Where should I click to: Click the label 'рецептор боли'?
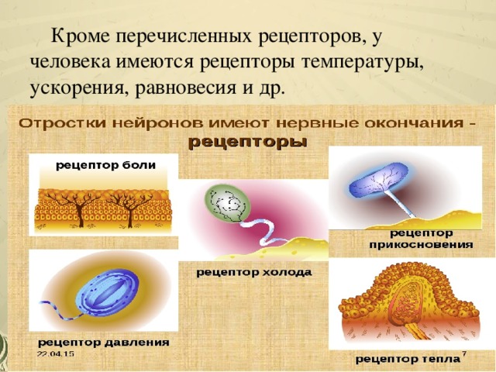105,165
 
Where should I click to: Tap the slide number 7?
463,353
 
